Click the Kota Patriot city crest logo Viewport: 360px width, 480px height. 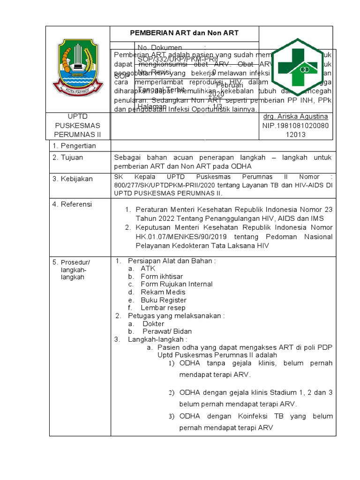point(77,65)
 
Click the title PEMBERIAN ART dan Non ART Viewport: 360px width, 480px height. point(184,33)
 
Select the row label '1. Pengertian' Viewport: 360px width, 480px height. point(74,146)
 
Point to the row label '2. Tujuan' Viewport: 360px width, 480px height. point(68,157)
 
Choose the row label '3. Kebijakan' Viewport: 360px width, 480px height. point(73,179)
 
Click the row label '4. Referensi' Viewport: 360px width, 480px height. point(72,204)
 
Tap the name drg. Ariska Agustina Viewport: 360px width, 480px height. point(295,116)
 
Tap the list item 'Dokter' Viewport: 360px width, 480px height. point(153,324)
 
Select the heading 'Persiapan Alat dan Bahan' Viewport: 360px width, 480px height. point(172,261)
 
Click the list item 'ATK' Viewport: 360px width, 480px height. point(148,269)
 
